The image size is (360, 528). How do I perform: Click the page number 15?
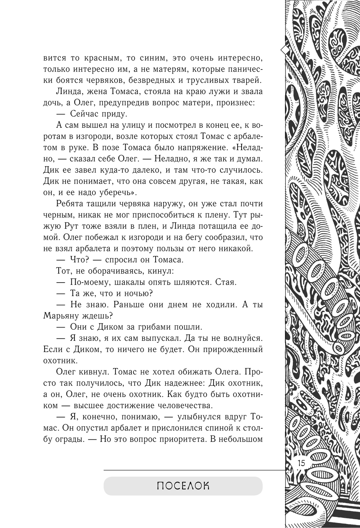pyautogui.click(x=301, y=463)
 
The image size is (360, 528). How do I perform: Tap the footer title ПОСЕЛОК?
pyautogui.click(x=183, y=486)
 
